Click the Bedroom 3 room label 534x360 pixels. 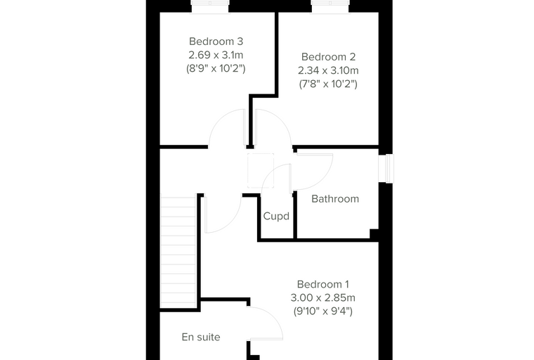click(216, 41)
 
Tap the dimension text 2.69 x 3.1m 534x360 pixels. click(216, 55)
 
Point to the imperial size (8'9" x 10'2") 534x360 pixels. click(216, 68)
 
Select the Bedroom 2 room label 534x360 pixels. click(328, 56)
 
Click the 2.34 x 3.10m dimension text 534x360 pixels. click(328, 70)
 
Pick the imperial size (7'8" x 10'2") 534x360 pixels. click(328, 84)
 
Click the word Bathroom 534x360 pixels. click(335, 199)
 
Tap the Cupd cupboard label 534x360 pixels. click(276, 216)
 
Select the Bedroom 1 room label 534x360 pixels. click(323, 284)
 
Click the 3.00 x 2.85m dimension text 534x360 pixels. click(323, 297)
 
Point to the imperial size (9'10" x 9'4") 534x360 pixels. click(323, 311)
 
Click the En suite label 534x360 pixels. click(201, 337)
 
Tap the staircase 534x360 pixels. click(178, 252)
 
